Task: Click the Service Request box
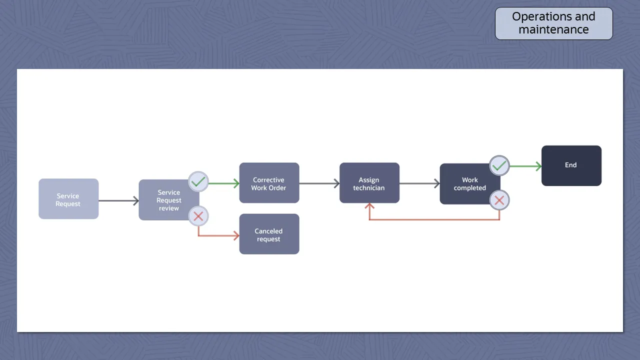[x=68, y=199]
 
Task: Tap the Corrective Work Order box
[x=269, y=183]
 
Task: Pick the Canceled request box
[x=269, y=234]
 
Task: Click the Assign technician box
[x=369, y=183]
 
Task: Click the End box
[x=571, y=165]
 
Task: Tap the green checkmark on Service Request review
[x=198, y=181]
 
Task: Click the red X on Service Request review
[x=198, y=216]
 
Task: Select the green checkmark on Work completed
[x=499, y=165]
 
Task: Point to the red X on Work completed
[x=499, y=200]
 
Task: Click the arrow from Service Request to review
[x=118, y=201]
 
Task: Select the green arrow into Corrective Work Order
[x=223, y=183]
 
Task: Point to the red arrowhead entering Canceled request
[x=235, y=235]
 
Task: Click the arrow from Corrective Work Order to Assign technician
[x=319, y=183]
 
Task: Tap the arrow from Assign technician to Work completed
[x=419, y=183]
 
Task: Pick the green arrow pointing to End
[x=525, y=166]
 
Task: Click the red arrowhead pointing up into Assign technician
[x=369, y=206]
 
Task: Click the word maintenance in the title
[x=553, y=29]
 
